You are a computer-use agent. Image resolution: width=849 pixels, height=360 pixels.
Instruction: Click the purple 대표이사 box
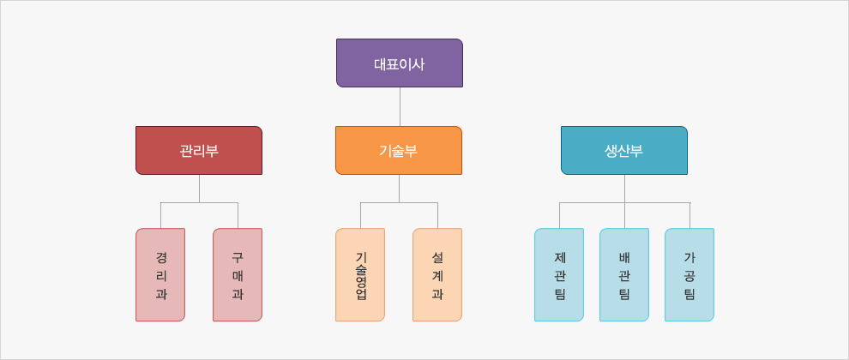pyautogui.click(x=399, y=63)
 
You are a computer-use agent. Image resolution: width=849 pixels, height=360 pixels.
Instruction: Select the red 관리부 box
pyautogui.click(x=198, y=150)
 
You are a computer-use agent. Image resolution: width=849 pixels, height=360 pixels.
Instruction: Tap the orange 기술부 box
pyautogui.click(x=398, y=150)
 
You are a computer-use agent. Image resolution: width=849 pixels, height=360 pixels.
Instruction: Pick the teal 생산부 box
pyautogui.click(x=623, y=150)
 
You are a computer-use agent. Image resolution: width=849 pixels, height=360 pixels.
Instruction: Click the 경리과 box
pyautogui.click(x=160, y=274)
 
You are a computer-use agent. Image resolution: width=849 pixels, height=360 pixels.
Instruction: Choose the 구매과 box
pyautogui.click(x=238, y=274)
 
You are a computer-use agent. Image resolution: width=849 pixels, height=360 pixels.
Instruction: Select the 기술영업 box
pyautogui.click(x=360, y=274)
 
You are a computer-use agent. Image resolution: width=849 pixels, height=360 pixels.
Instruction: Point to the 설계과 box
pyautogui.click(x=437, y=274)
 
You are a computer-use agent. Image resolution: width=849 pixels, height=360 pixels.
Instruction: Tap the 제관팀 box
pyautogui.click(x=559, y=274)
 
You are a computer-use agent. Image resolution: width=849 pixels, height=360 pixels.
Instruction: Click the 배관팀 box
pyautogui.click(x=624, y=274)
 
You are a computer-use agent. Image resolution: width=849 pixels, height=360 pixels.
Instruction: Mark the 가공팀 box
pyautogui.click(x=689, y=274)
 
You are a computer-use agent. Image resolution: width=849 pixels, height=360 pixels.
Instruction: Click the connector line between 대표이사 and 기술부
pyautogui.click(x=400, y=106)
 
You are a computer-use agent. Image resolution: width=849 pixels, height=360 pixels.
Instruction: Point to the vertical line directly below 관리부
pyautogui.click(x=199, y=188)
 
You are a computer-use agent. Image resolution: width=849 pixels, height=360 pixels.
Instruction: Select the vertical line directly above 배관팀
pyautogui.click(x=624, y=215)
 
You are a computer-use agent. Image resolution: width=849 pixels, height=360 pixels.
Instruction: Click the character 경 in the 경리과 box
pyautogui.click(x=161, y=256)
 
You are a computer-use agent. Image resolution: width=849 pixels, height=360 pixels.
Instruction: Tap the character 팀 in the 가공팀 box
pyautogui.click(x=689, y=294)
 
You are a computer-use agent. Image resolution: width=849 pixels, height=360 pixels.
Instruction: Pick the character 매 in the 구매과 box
pyautogui.click(x=238, y=275)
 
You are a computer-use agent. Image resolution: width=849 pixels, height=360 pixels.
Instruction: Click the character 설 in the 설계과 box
pyautogui.click(x=437, y=256)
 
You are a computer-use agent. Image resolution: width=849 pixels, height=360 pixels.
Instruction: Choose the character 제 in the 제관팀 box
pyautogui.click(x=559, y=256)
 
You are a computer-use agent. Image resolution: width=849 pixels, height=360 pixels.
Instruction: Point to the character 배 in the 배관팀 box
pyautogui.click(x=624, y=256)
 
